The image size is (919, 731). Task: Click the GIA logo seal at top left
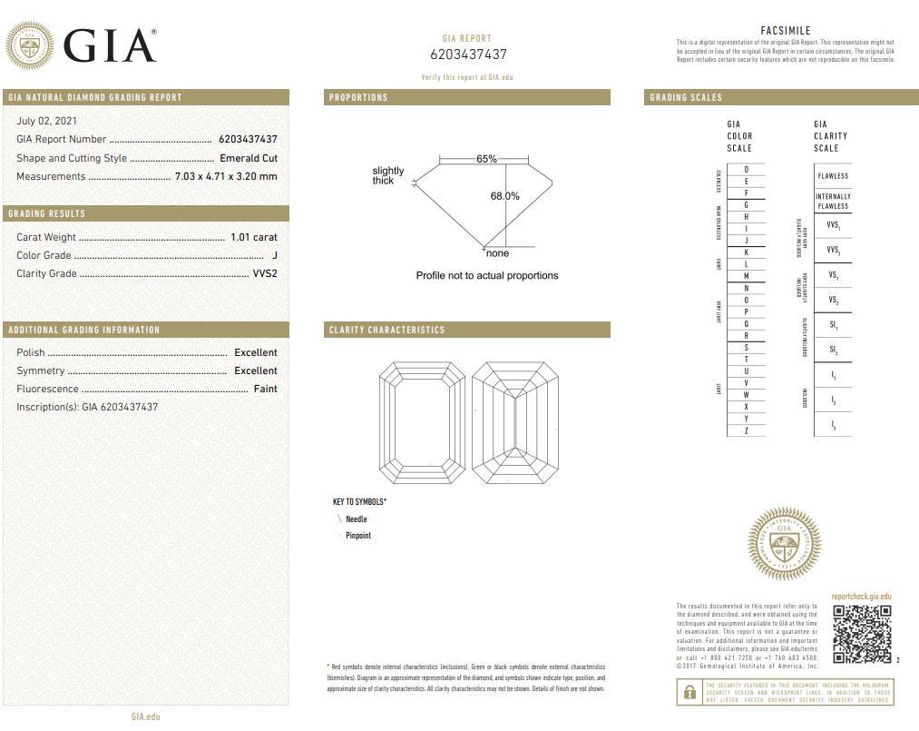[29, 45]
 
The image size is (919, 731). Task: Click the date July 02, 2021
[46, 121]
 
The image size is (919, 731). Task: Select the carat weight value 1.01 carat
[253, 237]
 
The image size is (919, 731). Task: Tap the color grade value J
[274, 255]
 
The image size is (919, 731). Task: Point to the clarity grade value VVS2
[264, 273]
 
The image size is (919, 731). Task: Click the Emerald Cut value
[248, 158]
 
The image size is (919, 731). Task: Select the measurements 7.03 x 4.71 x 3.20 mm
[225, 176]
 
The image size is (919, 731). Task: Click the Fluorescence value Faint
[265, 389]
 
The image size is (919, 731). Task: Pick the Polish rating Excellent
[255, 352]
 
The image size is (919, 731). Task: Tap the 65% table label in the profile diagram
[486, 159]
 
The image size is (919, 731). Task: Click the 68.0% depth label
[505, 196]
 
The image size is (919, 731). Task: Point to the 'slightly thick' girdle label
[387, 175]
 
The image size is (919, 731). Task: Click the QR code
[862, 633]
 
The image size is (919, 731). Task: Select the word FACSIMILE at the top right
[785, 31]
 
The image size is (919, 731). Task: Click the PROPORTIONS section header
[358, 97]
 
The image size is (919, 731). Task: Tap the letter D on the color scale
[746, 170]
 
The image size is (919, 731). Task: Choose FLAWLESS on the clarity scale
[833, 176]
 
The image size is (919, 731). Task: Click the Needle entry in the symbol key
[356, 519]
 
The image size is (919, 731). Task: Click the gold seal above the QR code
[784, 543]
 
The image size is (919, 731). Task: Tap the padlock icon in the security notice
[689, 693]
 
